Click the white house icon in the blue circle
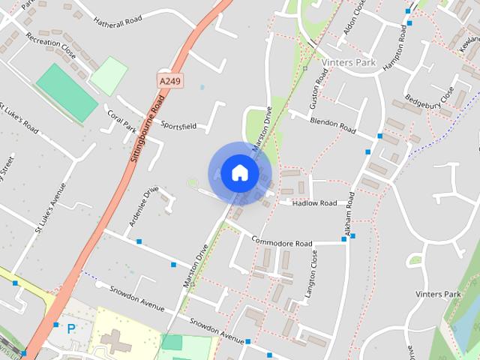(239, 172)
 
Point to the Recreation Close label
(51, 46)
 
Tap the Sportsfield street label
(178, 126)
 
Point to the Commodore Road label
(281, 243)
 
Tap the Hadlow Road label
(315, 203)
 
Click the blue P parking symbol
(71, 328)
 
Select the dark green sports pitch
(67, 91)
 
